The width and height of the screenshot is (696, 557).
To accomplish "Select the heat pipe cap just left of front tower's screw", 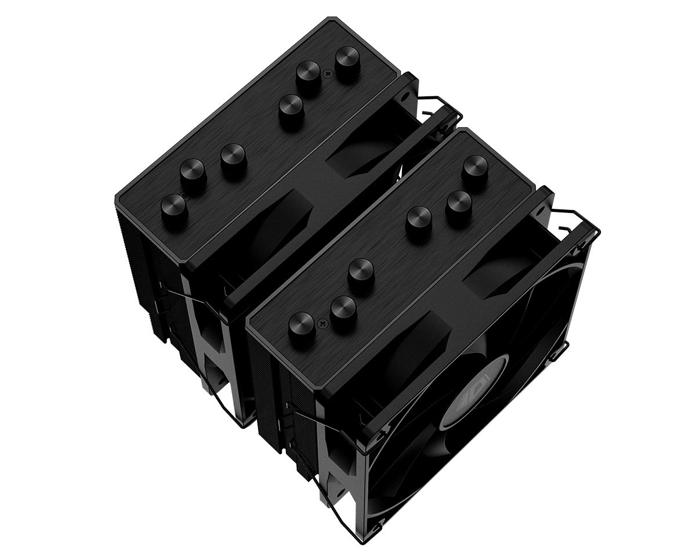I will [302, 325].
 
